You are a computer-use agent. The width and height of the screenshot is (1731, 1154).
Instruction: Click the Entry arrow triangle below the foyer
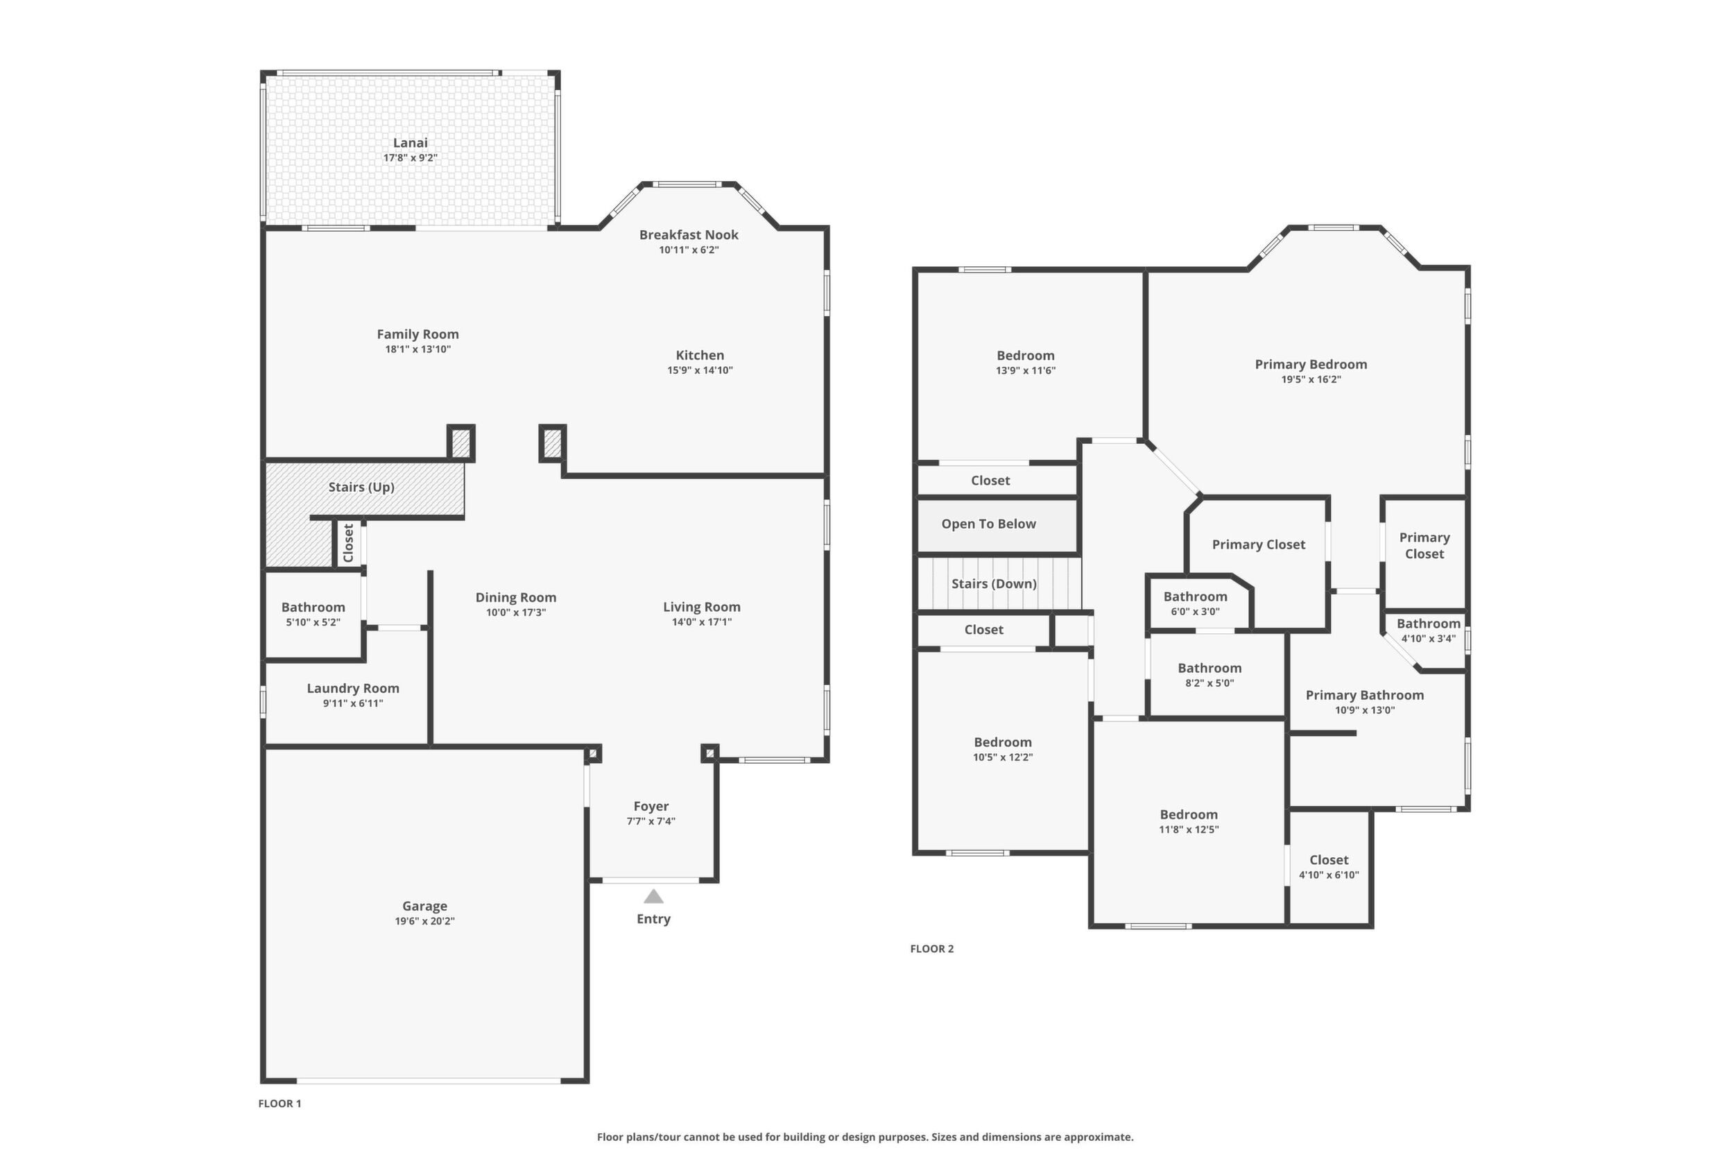tap(653, 897)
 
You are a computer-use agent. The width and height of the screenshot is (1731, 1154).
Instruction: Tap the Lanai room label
tap(410, 143)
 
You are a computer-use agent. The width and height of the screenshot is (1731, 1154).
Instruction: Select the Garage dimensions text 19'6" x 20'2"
tap(424, 921)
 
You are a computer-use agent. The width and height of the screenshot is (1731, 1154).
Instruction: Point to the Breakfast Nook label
tap(689, 235)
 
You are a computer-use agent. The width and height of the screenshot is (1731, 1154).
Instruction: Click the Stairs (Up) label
tap(361, 488)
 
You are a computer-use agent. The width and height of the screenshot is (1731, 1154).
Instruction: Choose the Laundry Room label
tap(353, 688)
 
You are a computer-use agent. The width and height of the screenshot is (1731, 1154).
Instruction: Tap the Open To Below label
tap(988, 524)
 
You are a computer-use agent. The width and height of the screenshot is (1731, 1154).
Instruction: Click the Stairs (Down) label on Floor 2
tap(994, 584)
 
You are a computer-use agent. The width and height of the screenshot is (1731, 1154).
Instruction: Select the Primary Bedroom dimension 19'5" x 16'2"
tap(1311, 380)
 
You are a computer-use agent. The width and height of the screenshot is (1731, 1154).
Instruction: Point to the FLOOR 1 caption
tap(279, 1103)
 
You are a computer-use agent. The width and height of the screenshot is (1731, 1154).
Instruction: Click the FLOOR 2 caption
tap(932, 949)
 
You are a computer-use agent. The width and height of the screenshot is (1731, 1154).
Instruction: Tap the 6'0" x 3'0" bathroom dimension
tap(1195, 612)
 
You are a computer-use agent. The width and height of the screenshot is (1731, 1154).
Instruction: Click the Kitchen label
tap(700, 356)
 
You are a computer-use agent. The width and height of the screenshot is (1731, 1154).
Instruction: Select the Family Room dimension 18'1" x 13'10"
tap(418, 350)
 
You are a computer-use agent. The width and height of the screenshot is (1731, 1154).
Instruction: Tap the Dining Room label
tap(516, 598)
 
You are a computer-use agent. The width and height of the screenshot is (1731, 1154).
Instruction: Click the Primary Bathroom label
tap(1366, 695)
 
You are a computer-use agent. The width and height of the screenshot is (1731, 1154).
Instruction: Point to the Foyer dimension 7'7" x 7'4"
tap(651, 821)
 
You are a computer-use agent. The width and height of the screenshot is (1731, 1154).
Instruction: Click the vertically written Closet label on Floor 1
tap(349, 542)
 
